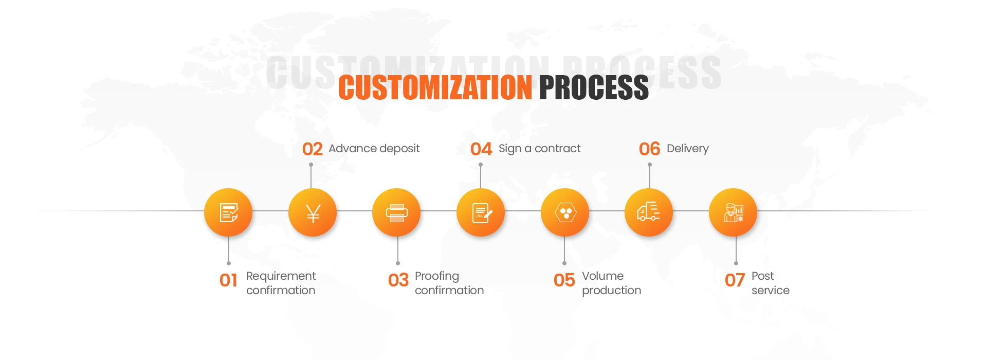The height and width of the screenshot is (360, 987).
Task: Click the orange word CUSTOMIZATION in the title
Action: (435, 87)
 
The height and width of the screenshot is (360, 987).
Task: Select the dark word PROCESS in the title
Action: (594, 87)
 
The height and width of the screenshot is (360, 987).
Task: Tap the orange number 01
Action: (228, 281)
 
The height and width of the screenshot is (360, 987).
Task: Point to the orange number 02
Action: (313, 149)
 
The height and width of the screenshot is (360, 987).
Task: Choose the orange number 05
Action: (564, 281)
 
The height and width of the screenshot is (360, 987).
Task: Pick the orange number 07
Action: (735, 281)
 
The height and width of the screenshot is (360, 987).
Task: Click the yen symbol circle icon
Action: (313, 212)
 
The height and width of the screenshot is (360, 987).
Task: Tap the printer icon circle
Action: (396, 212)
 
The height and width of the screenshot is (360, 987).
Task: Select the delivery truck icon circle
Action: (649, 212)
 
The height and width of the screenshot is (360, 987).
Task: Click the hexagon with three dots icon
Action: (565, 212)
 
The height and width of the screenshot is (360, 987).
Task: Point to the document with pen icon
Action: (481, 212)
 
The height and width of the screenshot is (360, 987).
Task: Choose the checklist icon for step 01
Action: (228, 212)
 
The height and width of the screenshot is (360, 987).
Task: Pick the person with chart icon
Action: (733, 212)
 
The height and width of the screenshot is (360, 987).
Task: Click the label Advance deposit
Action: (374, 149)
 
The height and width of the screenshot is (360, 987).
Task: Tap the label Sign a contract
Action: (539, 149)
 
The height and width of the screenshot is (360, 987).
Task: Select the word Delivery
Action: (687, 149)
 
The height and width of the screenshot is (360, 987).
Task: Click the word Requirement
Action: (281, 276)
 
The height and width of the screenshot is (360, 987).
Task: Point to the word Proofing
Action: (436, 276)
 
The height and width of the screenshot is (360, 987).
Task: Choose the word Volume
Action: (602, 276)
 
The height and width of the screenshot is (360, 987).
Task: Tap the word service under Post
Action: (770, 291)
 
